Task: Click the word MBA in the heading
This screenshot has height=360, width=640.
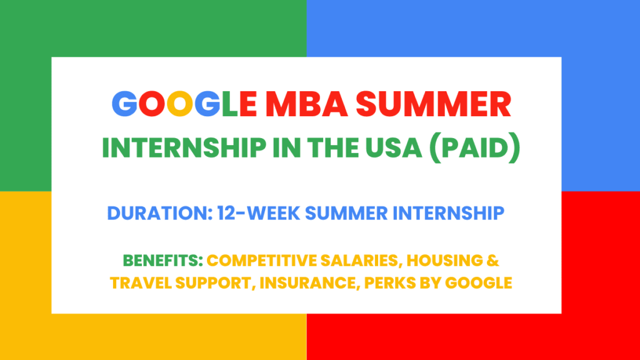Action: (306, 104)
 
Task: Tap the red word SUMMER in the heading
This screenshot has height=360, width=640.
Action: (434, 104)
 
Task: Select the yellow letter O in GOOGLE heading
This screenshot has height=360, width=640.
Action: (179, 104)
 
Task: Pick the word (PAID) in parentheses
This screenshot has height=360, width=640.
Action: (475, 147)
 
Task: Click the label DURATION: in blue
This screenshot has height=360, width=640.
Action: (159, 213)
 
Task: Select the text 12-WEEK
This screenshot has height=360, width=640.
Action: (259, 213)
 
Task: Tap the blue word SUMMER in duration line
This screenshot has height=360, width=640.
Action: (346, 213)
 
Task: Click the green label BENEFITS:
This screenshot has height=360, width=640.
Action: (163, 261)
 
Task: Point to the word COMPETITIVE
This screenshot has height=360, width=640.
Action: (262, 261)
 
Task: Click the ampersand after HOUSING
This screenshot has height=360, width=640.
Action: (493, 261)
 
